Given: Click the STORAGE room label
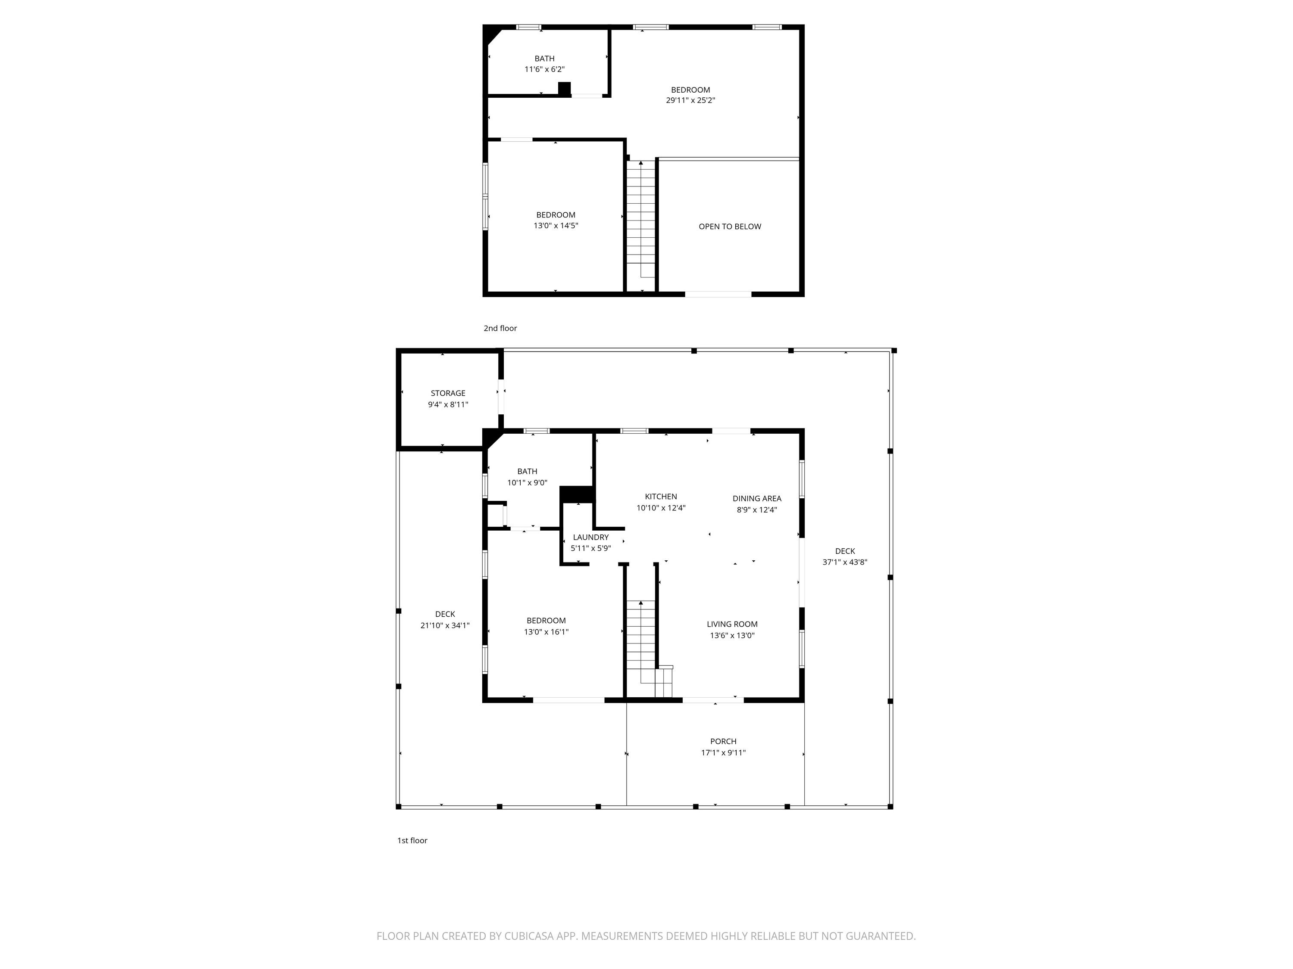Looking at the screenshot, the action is point(448,393).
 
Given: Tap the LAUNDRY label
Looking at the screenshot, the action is point(590,537).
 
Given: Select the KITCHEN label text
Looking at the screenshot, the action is point(661,497).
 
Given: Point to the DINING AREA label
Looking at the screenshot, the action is point(757,498).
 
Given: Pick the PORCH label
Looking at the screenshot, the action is point(723,741).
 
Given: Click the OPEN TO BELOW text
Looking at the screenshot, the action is point(730,227).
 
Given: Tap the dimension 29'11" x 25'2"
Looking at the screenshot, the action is point(690,100).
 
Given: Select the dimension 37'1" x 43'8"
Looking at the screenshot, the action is point(845,562).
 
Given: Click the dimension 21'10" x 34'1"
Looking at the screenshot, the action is point(445,626).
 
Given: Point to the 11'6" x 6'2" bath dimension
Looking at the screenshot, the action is point(544,69).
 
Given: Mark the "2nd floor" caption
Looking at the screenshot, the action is point(500,328).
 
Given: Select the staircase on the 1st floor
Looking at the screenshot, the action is point(649,648).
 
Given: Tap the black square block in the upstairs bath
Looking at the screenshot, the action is point(564,88).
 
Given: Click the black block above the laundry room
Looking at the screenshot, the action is point(578,494).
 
